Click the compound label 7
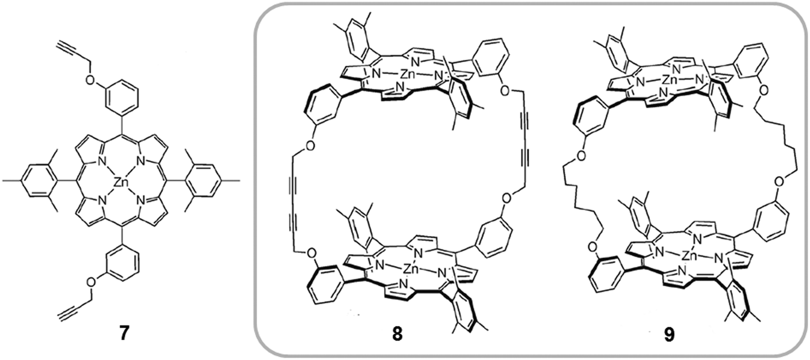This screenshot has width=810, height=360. [x=120, y=334]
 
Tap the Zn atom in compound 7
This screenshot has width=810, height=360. [x=120, y=183]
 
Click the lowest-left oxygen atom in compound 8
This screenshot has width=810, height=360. [x=311, y=252]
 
